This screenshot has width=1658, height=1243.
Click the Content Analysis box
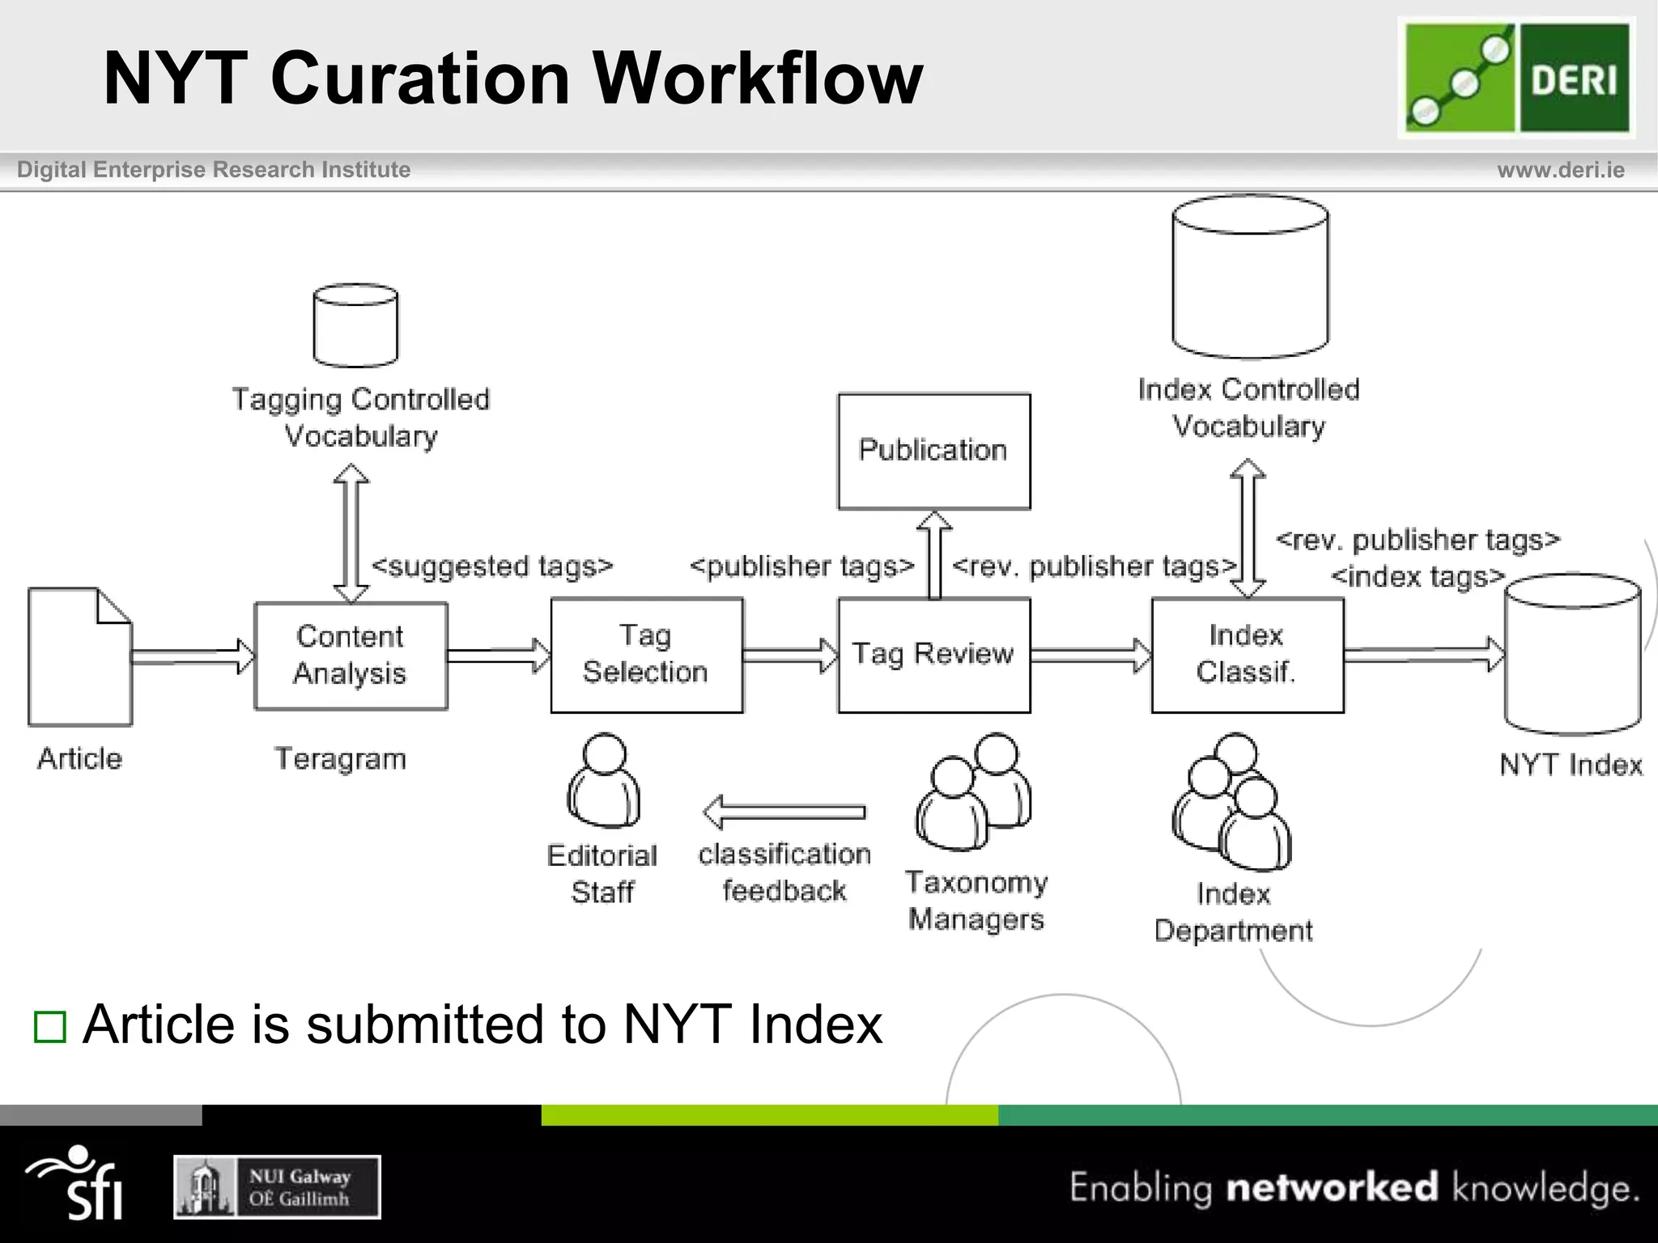tap(351, 655)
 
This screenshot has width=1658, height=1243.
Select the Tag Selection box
tap(646, 655)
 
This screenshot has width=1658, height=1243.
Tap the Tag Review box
tap(933, 655)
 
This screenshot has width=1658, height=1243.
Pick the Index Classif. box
tap(1247, 655)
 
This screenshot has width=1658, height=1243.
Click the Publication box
tap(933, 451)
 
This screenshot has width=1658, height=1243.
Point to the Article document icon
tap(79, 657)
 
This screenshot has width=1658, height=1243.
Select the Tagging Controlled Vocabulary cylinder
tap(355, 325)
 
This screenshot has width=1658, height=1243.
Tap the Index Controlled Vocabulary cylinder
tap(1250, 277)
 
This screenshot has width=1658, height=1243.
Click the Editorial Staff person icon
tap(604, 781)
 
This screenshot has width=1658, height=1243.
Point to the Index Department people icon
tap(1232, 801)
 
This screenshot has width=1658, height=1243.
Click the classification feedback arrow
tap(784, 812)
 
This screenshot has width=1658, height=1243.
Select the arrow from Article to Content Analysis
tap(193, 655)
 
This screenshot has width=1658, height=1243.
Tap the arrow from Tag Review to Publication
tap(933, 554)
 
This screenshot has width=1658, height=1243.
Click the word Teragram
tap(340, 759)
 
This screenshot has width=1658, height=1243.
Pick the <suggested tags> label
tap(492, 566)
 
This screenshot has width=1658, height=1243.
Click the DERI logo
tap(1516, 78)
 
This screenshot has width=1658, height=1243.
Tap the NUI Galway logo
tap(277, 1187)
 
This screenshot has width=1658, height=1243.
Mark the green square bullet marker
tap(49, 1027)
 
